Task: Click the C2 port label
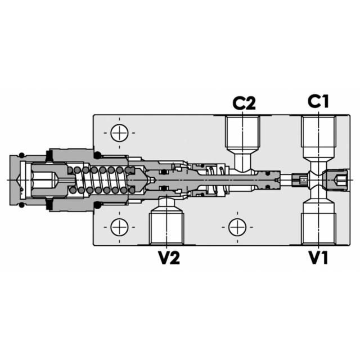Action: coord(244,103)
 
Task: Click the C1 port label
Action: coord(318,102)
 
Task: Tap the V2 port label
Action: coord(168,258)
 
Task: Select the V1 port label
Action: coord(318,258)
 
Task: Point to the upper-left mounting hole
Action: coord(119,133)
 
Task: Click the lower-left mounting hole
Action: coord(119,227)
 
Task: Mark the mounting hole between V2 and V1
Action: coord(237,227)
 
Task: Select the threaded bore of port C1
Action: coord(318,135)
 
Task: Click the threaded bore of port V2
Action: coord(166,225)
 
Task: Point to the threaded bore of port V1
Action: coord(318,225)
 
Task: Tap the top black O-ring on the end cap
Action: coord(21,155)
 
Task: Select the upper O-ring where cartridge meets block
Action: coord(97,155)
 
